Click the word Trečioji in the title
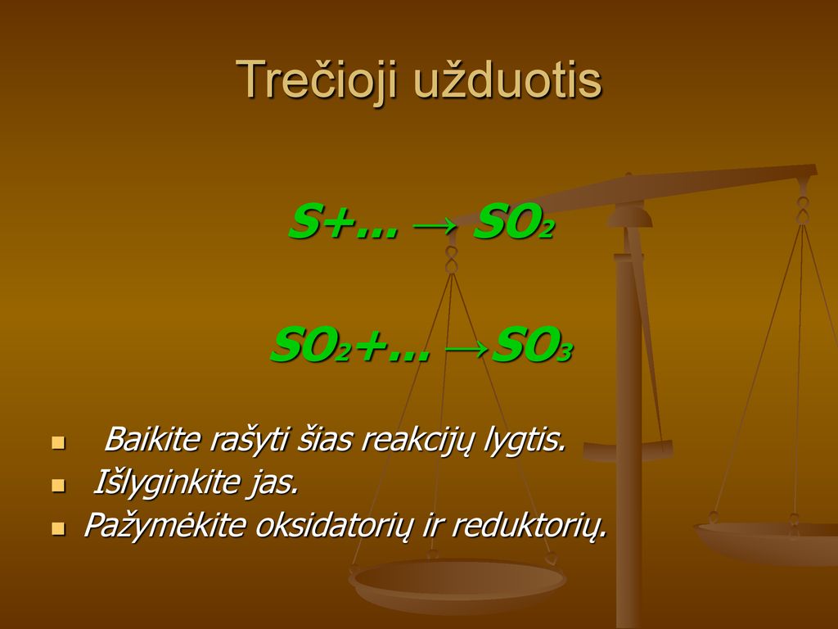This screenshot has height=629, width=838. pos(317,80)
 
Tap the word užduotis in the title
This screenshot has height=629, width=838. pos(508,79)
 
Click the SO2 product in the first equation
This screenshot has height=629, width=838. pos(513,223)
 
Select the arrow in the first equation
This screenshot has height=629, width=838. pos(435,225)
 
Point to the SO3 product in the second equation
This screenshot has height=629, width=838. pos(532,346)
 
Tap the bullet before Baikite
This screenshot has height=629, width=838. pos(58,442)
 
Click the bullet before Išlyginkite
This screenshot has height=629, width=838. pos(58,485)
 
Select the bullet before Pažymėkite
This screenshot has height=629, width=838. pos(58,528)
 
